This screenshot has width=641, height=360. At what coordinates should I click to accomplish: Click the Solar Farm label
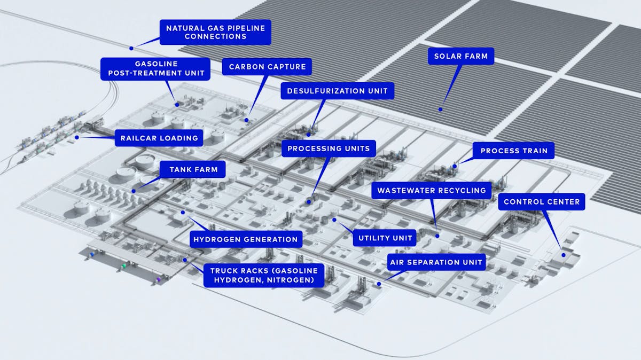tap(460, 56)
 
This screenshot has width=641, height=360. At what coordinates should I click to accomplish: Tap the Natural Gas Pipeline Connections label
tap(215, 32)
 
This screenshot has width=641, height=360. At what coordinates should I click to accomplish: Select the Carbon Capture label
tap(267, 67)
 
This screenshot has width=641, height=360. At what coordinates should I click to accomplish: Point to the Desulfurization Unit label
tap(338, 91)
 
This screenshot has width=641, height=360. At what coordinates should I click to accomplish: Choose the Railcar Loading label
tap(160, 138)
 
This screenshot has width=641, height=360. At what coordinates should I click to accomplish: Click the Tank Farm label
tap(193, 170)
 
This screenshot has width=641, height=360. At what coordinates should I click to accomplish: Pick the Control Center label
tap(542, 202)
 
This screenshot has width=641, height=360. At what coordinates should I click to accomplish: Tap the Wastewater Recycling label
tap(431, 190)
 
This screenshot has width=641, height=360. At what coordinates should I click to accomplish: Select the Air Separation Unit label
tap(436, 262)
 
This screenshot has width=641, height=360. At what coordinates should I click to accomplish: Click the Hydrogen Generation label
tap(246, 239)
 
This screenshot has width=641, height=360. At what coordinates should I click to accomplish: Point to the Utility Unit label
tap(385, 238)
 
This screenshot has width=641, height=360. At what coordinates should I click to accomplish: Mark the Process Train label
tap(514, 151)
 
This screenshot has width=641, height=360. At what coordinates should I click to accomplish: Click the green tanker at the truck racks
tap(124, 265)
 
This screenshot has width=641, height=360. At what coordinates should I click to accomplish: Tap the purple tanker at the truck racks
tap(159, 279)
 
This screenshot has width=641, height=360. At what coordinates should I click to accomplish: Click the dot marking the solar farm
tap(441, 109)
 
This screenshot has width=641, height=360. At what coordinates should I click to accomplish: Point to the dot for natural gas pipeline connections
tap(131, 48)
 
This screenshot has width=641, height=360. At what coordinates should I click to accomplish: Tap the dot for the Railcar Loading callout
tap(77, 137)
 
